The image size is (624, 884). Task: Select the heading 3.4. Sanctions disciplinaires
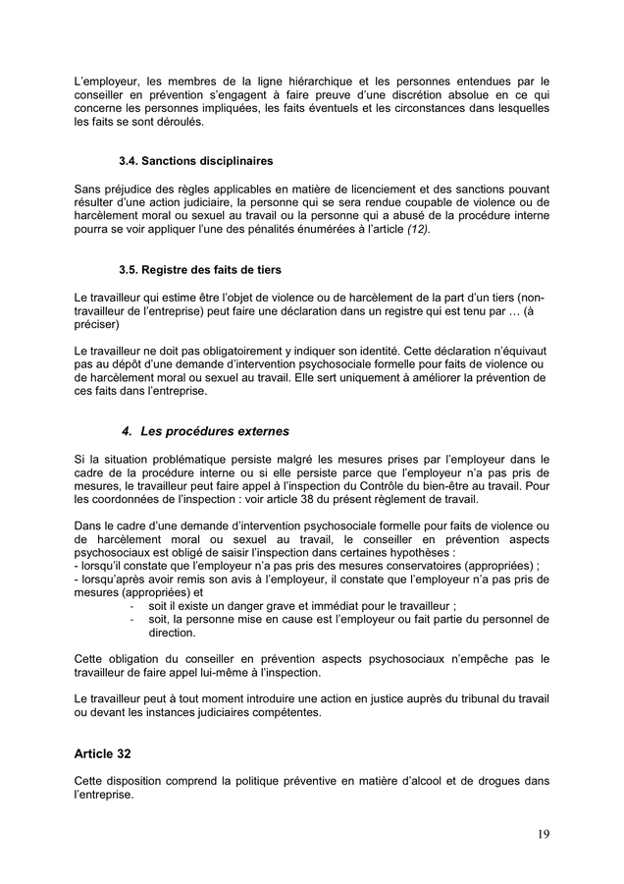195,160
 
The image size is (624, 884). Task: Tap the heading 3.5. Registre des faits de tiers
201,269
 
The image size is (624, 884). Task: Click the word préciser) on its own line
97,323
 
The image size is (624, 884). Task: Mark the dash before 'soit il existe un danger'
131,607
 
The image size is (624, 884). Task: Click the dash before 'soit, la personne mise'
131,621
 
